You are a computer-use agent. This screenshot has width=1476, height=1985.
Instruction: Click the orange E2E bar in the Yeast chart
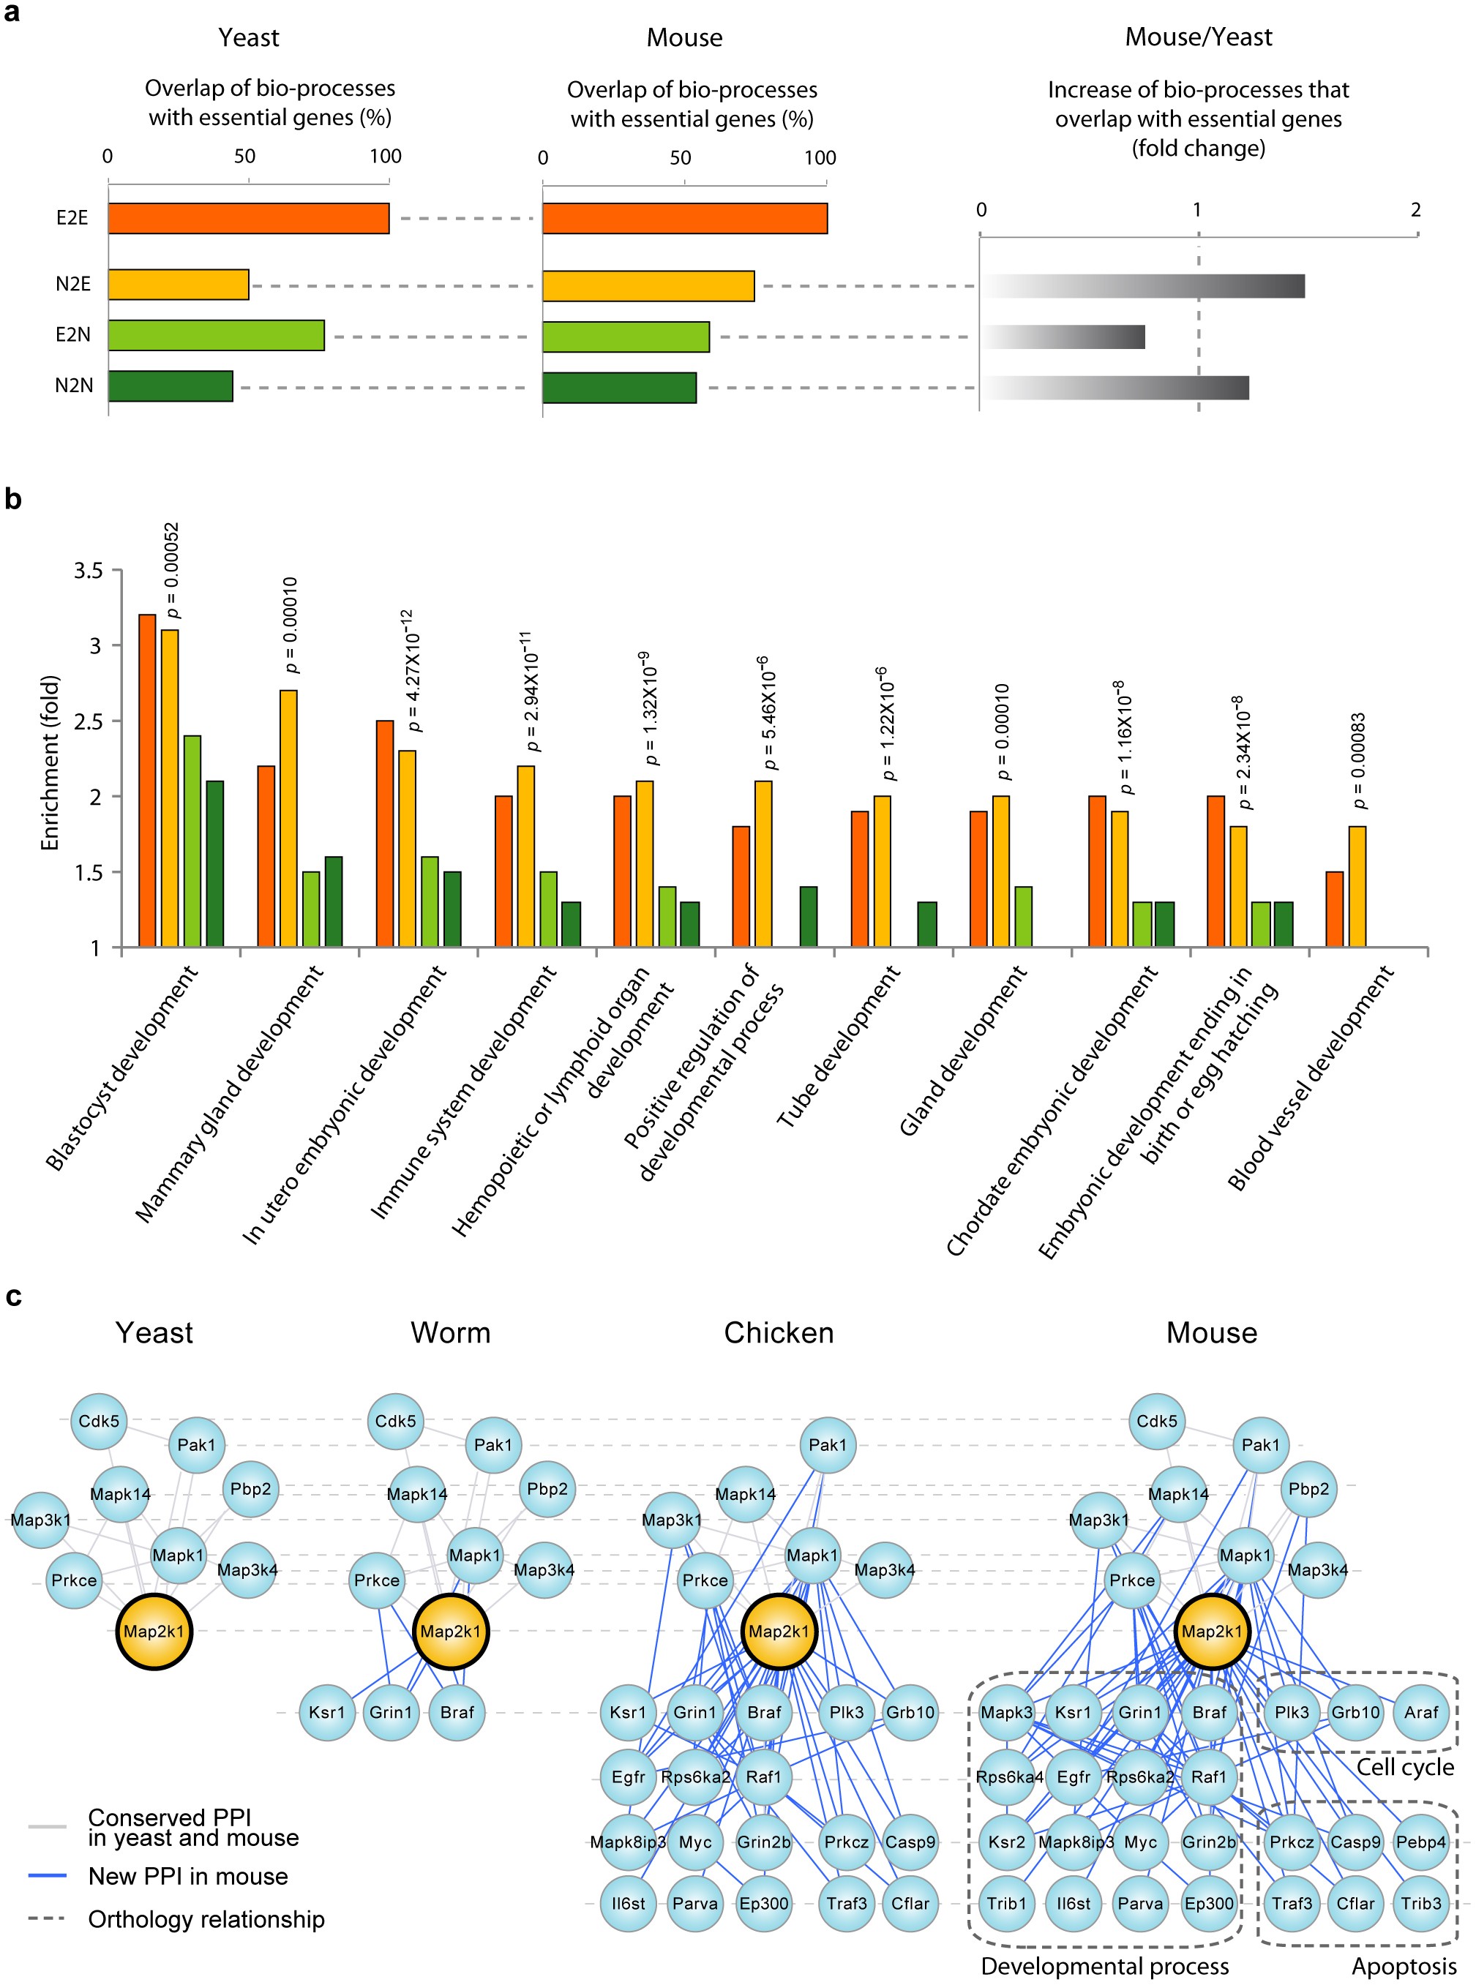[x=248, y=218]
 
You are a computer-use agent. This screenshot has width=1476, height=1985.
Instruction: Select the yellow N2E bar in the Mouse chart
[x=648, y=286]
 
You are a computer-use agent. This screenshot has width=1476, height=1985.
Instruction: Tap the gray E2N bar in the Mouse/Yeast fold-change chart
[x=1063, y=337]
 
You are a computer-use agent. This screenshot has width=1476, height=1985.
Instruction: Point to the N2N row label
[x=73, y=385]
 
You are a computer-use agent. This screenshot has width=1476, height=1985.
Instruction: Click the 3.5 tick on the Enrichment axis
[x=88, y=571]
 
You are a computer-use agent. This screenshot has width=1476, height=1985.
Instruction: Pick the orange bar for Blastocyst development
[x=146, y=780]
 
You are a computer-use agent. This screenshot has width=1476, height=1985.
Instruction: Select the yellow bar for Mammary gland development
[x=288, y=817]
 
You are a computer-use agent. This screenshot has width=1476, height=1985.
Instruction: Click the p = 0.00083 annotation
[x=1358, y=760]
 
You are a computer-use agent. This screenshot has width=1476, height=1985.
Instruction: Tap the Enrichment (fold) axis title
[x=50, y=762]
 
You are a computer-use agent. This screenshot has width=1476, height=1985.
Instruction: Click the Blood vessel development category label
[x=1310, y=1077]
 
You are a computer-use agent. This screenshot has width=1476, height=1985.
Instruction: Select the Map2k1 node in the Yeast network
[x=154, y=1631]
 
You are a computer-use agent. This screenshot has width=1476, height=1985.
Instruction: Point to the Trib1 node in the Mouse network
[x=1007, y=1903]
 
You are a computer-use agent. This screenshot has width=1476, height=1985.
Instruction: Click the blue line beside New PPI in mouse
[x=48, y=1875]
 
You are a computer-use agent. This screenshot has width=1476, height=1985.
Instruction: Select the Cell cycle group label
[x=1404, y=1767]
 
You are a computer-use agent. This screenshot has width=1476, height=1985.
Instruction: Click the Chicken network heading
[x=778, y=1332]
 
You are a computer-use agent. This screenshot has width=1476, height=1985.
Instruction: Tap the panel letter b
[x=12, y=498]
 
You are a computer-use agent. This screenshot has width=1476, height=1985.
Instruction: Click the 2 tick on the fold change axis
[x=1415, y=210]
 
